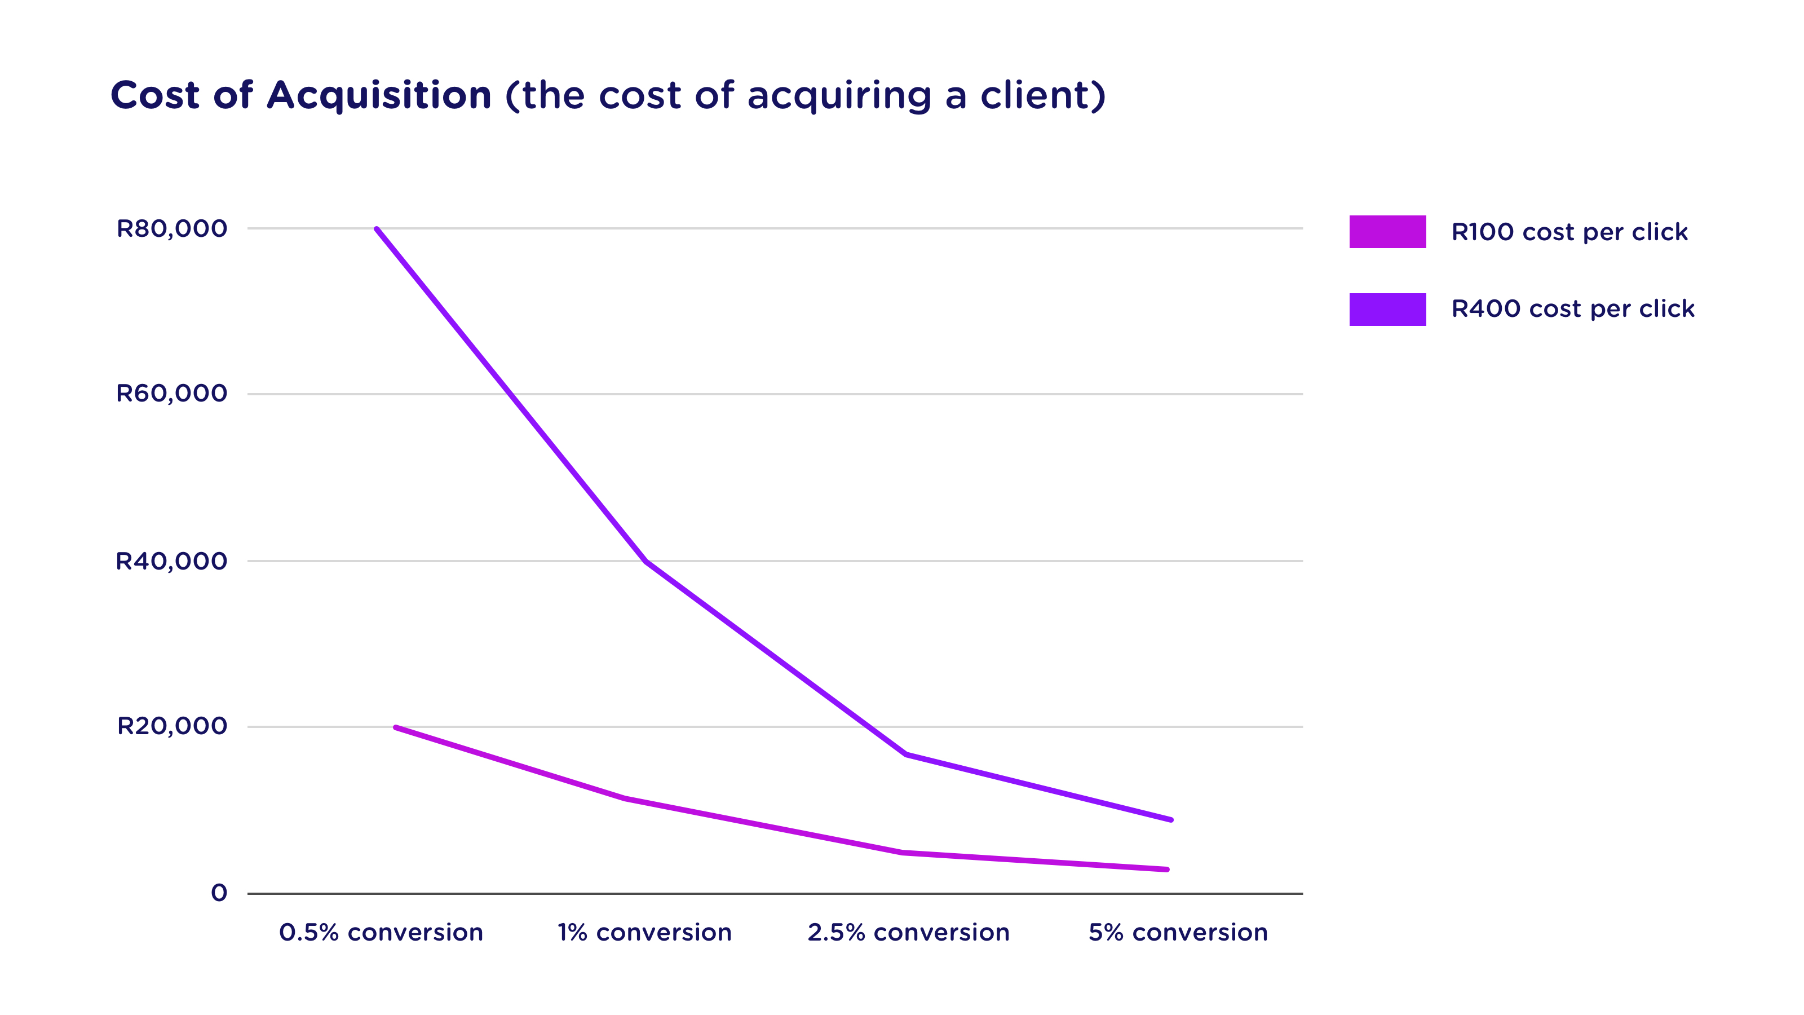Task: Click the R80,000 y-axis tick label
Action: (171, 228)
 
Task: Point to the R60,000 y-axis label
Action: (171, 394)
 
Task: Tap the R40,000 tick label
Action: (171, 561)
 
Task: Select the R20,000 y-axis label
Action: (171, 726)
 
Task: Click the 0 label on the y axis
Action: (219, 893)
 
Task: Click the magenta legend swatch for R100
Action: (1387, 232)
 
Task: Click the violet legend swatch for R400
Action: (1387, 309)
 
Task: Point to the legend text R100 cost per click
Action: (1569, 232)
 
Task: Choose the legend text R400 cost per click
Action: (1573, 309)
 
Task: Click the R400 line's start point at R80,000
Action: (377, 229)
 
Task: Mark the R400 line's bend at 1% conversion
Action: (645, 561)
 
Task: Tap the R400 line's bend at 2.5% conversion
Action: (905, 754)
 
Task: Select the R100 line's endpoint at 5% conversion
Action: (1167, 870)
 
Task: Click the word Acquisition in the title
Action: (379, 95)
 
